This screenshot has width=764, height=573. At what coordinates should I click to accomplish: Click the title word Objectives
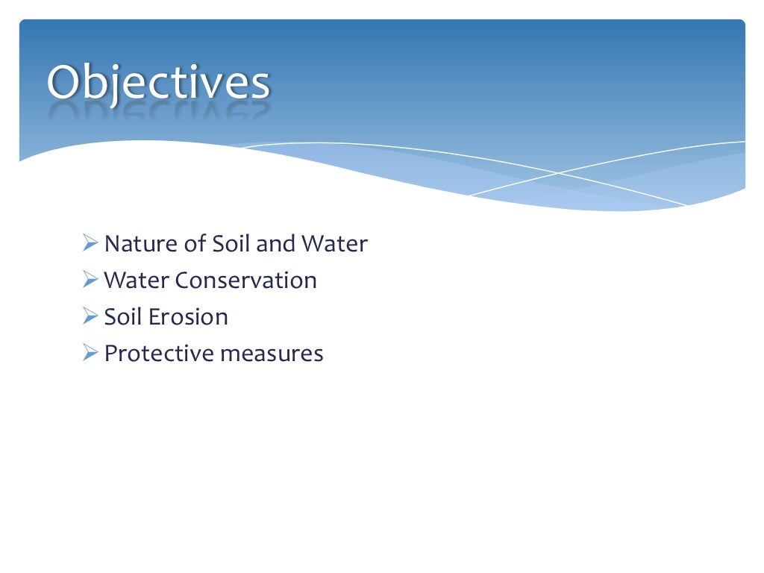tap(157, 84)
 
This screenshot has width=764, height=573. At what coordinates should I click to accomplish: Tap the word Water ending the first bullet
tap(334, 244)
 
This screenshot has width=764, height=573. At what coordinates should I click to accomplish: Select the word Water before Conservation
tap(137, 281)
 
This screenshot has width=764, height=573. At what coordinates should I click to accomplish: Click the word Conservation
tap(246, 281)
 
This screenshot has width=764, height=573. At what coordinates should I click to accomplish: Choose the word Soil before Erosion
tap(122, 317)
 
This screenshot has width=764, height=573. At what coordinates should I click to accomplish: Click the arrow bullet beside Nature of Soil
tap(90, 243)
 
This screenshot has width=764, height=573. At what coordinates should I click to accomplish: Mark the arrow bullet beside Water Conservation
tap(90, 280)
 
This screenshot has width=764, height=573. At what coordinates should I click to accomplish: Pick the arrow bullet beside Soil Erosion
tap(90, 316)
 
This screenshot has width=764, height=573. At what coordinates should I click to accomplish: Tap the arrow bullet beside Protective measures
tap(90, 353)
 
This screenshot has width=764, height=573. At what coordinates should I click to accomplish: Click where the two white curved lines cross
tap(559, 172)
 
